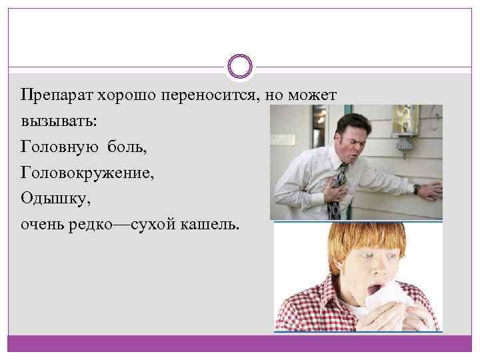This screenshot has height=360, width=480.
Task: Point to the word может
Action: pos(319,95)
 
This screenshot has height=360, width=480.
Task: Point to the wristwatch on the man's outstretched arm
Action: pos(415,189)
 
